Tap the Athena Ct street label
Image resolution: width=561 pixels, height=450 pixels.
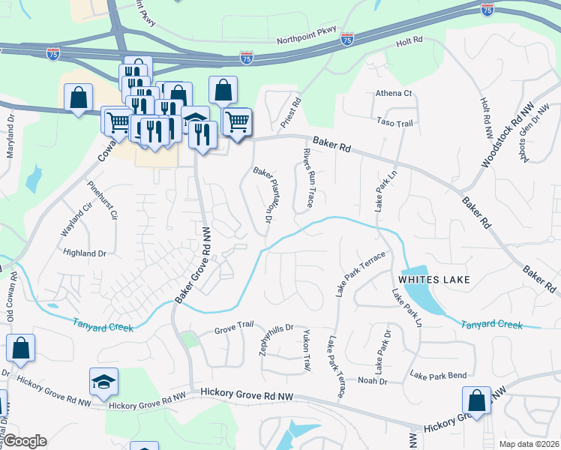(x=394, y=94)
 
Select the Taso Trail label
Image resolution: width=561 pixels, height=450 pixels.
(x=395, y=122)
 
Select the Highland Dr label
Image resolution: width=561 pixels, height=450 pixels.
(x=85, y=253)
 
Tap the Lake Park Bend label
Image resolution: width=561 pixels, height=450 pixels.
(x=438, y=375)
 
